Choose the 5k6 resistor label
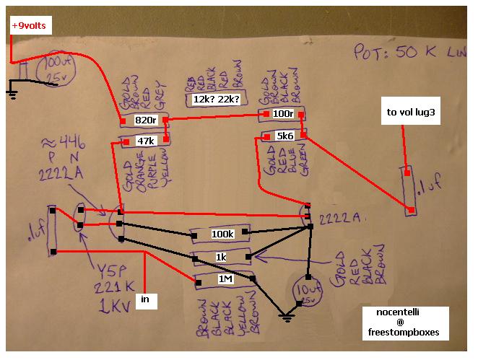(x=283, y=136)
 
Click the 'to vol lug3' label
(x=411, y=113)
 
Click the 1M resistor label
(x=222, y=278)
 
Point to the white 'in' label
(x=144, y=299)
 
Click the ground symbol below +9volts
(x=13, y=89)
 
